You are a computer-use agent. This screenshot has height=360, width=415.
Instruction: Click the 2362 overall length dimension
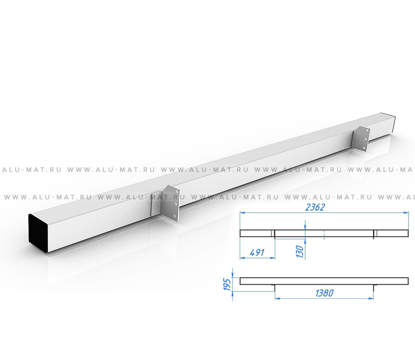[315, 207]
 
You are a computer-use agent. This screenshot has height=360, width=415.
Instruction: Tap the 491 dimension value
[257, 252]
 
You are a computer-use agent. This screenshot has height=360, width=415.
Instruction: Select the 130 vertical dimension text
[300, 251]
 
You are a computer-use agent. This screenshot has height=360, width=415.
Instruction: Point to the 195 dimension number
[227, 284]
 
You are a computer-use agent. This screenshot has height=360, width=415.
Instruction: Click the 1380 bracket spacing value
[324, 293]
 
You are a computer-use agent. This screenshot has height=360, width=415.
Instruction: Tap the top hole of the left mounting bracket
[177, 191]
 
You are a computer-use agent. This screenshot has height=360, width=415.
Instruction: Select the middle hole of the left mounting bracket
[176, 204]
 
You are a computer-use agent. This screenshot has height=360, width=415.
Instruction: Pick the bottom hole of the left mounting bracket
[175, 217]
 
